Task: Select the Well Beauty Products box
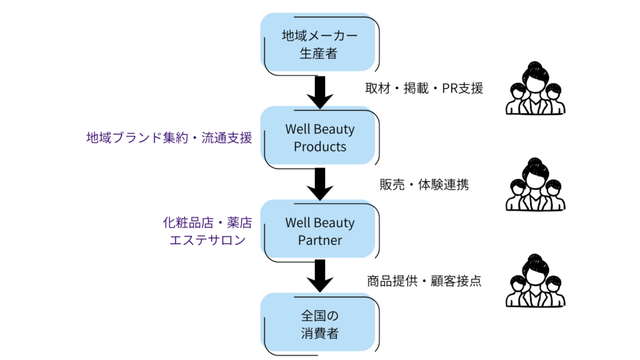click(319, 137)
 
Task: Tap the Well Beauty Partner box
click(319, 231)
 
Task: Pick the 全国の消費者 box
click(319, 324)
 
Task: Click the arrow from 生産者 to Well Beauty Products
click(320, 91)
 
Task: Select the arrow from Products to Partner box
click(320, 184)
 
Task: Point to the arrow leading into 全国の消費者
click(320, 276)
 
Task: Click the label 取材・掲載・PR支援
click(424, 89)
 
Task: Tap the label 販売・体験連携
click(424, 184)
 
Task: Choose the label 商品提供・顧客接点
click(424, 281)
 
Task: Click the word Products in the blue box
click(319, 147)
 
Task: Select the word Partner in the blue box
click(319, 240)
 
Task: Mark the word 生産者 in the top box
click(318, 54)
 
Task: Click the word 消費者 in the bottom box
click(319, 333)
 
